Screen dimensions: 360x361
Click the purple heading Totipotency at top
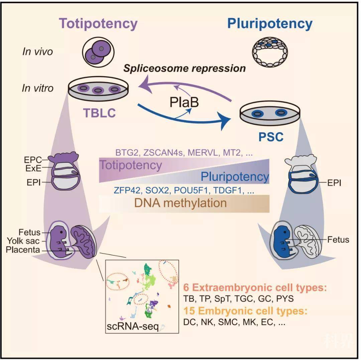pyautogui.click(x=98, y=24)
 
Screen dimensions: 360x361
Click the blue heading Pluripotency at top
pyautogui.click(x=270, y=24)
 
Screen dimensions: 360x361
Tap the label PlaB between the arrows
pyautogui.click(x=184, y=102)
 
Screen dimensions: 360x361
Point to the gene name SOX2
pyautogui.click(x=158, y=191)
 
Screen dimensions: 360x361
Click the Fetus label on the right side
pyautogui.click(x=338, y=239)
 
